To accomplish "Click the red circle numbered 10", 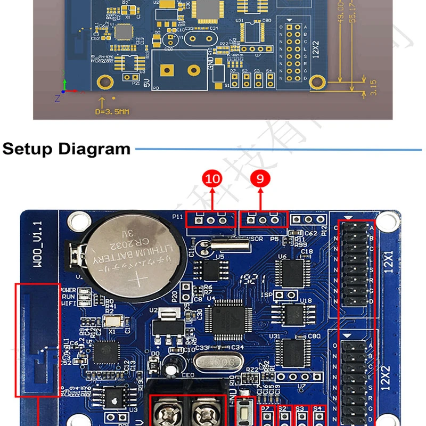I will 212,179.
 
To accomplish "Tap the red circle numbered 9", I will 260,179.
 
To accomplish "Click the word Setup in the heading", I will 28,149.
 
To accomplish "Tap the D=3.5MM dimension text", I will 112,112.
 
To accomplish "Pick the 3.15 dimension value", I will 373,87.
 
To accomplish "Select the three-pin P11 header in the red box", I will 211,219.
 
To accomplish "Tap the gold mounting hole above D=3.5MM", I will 105,81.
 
